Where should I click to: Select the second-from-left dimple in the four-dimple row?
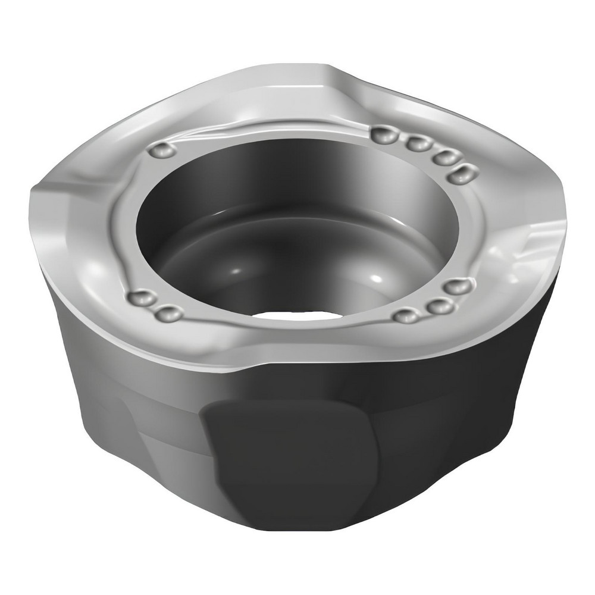click(418, 143)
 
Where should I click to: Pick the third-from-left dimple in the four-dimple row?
click(444, 157)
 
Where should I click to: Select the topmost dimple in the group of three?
click(456, 287)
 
